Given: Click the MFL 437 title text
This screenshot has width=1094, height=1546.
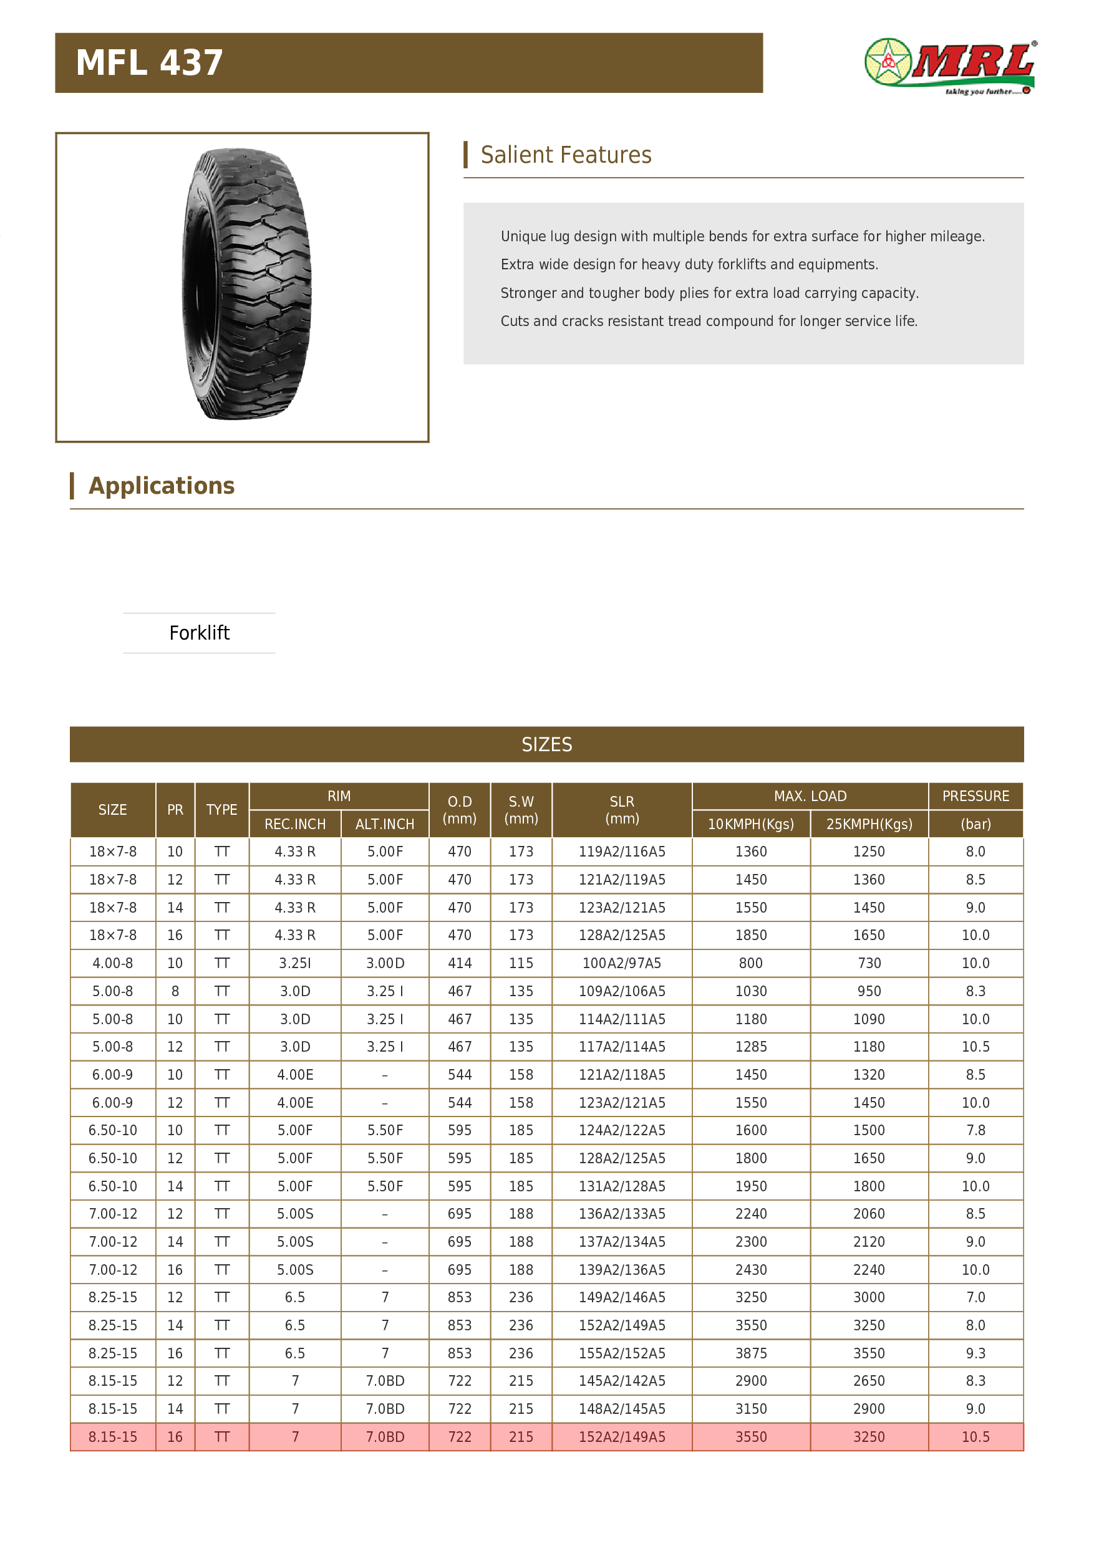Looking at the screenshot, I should coord(149,64).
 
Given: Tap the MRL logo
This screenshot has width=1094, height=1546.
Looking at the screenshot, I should coord(950,66).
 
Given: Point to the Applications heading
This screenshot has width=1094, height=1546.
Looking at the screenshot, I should coord(161,486).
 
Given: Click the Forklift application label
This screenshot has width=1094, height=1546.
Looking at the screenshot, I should coord(200,633).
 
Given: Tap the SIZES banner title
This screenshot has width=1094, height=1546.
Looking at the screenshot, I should coord(546,744).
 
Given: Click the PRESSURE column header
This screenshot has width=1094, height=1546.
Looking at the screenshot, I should coord(975,796).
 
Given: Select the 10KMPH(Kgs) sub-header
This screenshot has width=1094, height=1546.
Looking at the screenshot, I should coord(750,824).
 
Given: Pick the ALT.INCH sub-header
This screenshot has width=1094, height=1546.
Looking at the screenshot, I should coord(385,824).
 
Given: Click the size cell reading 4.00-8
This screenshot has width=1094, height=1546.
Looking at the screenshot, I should coord(112,963).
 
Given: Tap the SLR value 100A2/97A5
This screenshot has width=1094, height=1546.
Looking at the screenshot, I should coord(621,963).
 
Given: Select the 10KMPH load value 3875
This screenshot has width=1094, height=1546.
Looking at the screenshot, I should coord(750,1353).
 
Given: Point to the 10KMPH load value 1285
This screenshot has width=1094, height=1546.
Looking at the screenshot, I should coord(750,1047).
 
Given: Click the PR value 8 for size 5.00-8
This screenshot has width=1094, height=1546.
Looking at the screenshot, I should coord(175,991).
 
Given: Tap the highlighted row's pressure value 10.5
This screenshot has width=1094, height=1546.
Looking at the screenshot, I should coord(975,1437).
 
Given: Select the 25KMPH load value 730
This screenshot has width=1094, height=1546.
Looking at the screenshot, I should coord(869,963).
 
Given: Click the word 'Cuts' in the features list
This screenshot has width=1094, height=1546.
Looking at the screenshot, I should coord(515,321).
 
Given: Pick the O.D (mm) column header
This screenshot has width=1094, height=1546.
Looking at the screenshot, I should coord(460,809).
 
